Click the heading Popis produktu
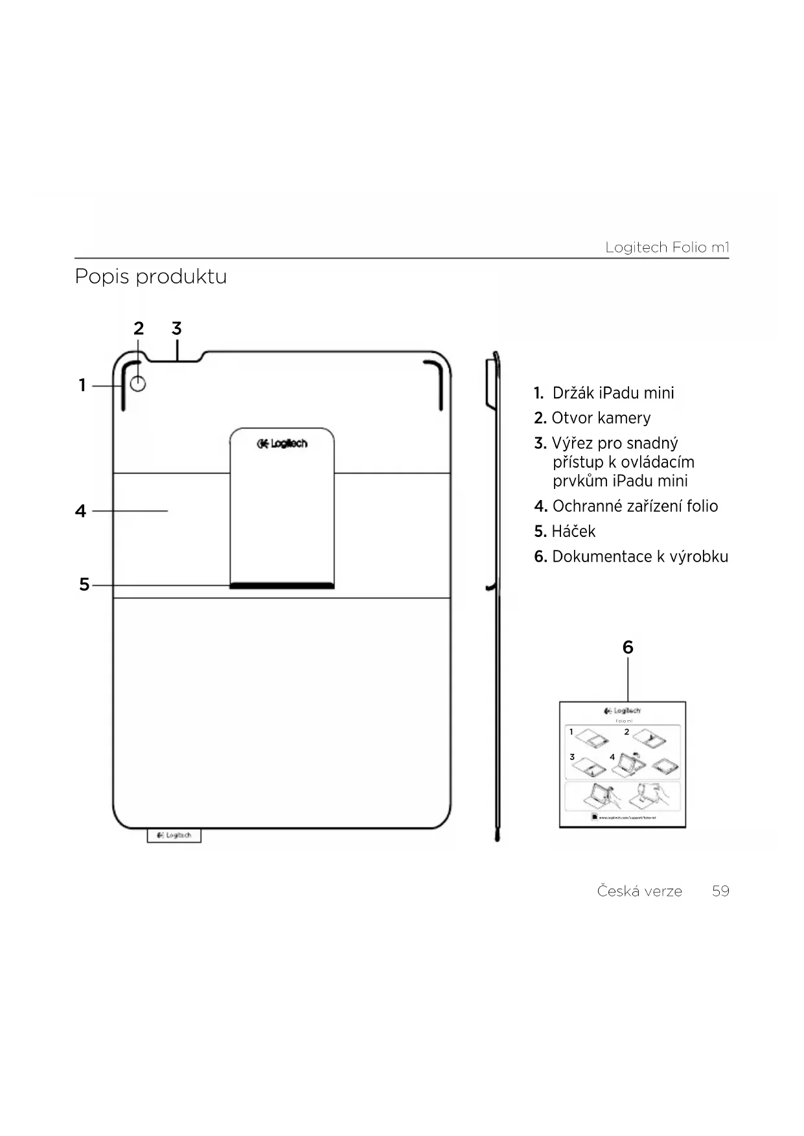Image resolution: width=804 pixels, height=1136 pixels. pyautogui.click(x=150, y=277)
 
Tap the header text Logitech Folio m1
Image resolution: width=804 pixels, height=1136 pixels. pyautogui.click(x=667, y=247)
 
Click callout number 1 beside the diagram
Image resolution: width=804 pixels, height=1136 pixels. pyautogui.click(x=82, y=385)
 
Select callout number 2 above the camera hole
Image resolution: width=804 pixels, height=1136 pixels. pyautogui.click(x=139, y=328)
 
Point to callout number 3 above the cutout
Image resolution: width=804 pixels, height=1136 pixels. pyautogui.click(x=176, y=328)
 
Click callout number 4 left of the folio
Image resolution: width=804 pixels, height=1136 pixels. pyautogui.click(x=80, y=511)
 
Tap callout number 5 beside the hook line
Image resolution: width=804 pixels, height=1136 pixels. pyautogui.click(x=84, y=585)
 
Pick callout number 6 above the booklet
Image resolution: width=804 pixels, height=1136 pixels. pyautogui.click(x=627, y=647)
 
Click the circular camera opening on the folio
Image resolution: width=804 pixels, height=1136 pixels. pyautogui.click(x=138, y=384)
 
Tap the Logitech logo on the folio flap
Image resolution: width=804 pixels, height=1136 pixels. pyautogui.click(x=282, y=444)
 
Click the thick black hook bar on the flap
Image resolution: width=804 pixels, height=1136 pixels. pyautogui.click(x=282, y=585)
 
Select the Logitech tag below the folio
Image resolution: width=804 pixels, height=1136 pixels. pyautogui.click(x=174, y=835)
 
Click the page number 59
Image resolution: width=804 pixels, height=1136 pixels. pyautogui.click(x=720, y=891)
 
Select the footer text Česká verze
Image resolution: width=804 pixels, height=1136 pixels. pyautogui.click(x=639, y=891)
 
